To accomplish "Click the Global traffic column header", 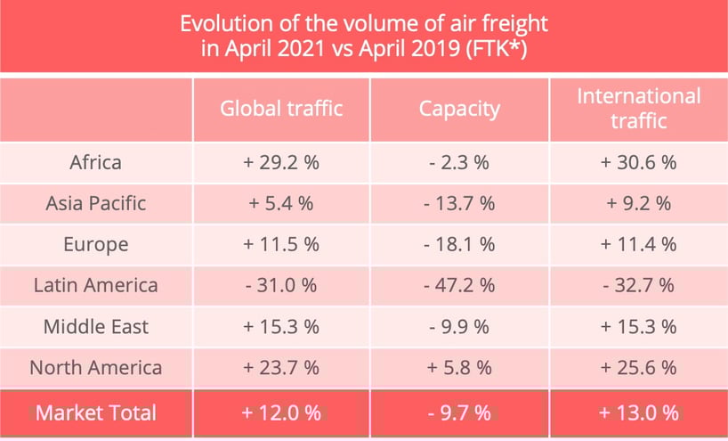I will pyautogui.click(x=281, y=109).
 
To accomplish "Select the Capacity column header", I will pyautogui.click(x=458, y=109).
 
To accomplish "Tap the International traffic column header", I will pyautogui.click(x=638, y=109).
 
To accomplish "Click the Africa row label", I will pyautogui.click(x=95, y=162).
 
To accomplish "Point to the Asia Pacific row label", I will pyautogui.click(x=95, y=203).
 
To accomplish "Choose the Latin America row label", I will pyautogui.click(x=95, y=285).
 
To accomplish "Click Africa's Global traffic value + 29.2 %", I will pyautogui.click(x=281, y=162).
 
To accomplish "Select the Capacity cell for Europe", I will pyautogui.click(x=458, y=244).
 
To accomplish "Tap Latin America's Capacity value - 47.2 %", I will pyautogui.click(x=458, y=285).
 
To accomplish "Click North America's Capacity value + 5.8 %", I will pyautogui.click(x=458, y=367).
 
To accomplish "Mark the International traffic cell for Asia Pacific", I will pyautogui.click(x=638, y=203).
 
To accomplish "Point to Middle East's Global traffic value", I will pyautogui.click(x=281, y=326).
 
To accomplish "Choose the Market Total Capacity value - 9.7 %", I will pyautogui.click(x=458, y=412).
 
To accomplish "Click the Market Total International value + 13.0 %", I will pyautogui.click(x=638, y=412).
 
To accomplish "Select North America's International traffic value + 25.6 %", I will pyautogui.click(x=638, y=367).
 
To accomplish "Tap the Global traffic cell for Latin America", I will pyautogui.click(x=281, y=285).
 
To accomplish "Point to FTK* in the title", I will pyautogui.click(x=499, y=49).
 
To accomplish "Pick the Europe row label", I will pyautogui.click(x=95, y=244).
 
